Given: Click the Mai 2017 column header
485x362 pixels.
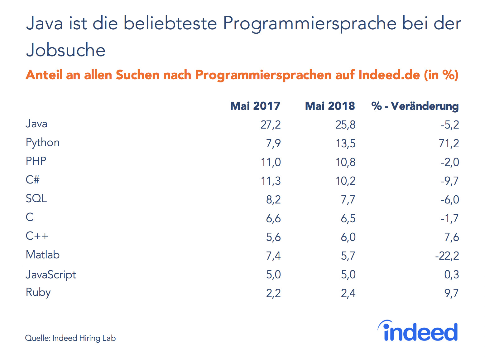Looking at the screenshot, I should tap(255, 106).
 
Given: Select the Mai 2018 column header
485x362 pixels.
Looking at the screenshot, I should tap(330, 106).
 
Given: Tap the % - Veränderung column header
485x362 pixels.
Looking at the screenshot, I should tap(415, 106).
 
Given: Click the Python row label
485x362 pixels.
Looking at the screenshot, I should tap(42, 143).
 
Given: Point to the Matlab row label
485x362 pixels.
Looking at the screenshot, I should tap(42, 255).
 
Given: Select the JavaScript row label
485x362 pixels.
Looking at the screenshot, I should tap(51, 275).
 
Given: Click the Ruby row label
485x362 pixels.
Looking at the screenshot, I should tap(38, 292).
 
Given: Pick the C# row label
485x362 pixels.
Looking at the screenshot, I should tap(32, 180).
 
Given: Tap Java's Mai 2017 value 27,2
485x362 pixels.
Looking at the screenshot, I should tap(270, 125).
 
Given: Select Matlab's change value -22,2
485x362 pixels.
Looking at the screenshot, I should tap(447, 256).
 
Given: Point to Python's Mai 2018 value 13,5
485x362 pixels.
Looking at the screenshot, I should tap(345, 144).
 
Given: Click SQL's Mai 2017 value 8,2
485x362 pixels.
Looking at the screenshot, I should tap(273, 200).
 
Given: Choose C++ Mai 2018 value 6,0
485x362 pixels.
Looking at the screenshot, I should tap(348, 237).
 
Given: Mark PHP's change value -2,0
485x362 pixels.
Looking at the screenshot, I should tap(449, 162).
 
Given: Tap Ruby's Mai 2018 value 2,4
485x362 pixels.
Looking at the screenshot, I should tap(348, 293).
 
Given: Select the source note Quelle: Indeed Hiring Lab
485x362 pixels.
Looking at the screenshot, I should tap(70, 338).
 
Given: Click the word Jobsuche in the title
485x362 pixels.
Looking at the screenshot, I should tap(66, 50).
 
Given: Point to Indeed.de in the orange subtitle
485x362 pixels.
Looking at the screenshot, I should tap(389, 75).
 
